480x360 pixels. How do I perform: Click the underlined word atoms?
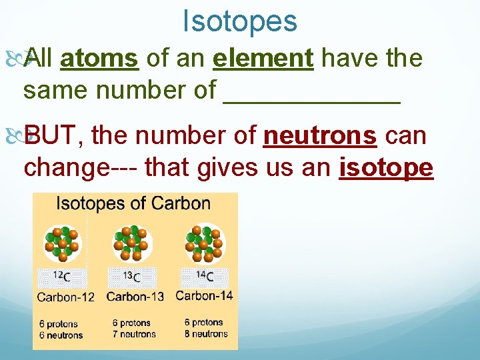tap(99, 58)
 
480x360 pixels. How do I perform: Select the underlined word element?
tap(263, 58)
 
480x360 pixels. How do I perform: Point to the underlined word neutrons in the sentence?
tap(321, 135)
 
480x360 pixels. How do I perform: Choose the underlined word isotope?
tap(387, 167)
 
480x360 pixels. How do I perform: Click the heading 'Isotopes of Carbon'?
tap(133, 204)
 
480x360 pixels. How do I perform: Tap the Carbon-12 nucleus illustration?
tap(61, 243)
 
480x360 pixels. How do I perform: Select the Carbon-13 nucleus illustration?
tap(131, 243)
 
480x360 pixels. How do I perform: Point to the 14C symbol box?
tap(205, 277)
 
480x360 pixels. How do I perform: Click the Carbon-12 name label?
tap(65, 297)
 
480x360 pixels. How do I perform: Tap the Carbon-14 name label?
tap(204, 295)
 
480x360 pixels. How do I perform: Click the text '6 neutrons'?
tap(61, 335)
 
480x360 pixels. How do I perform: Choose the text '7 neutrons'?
tap(133, 334)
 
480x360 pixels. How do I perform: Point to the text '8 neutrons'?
tap(205, 333)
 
